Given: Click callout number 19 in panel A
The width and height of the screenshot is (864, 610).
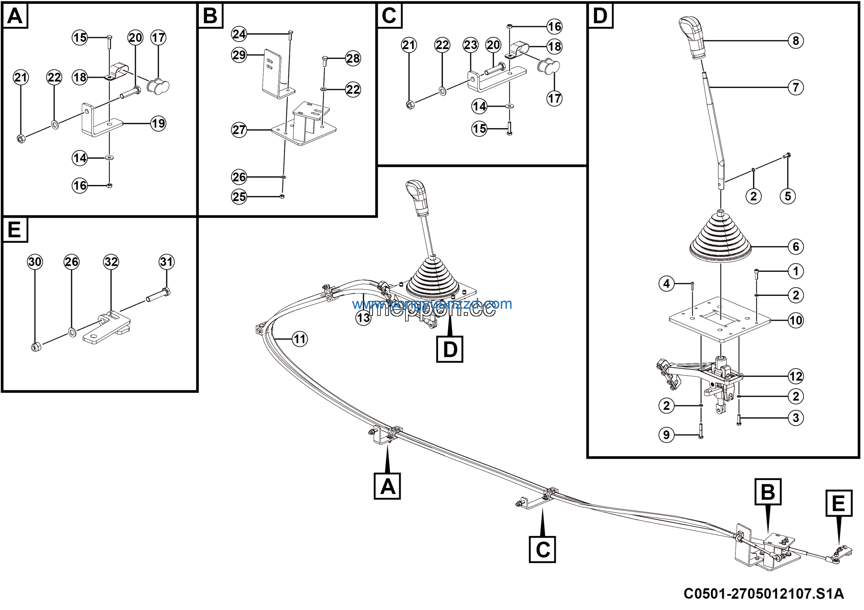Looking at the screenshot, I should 158,123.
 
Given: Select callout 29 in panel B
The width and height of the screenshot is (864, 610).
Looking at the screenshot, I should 239,55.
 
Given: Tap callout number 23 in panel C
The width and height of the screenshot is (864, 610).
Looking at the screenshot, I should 470,45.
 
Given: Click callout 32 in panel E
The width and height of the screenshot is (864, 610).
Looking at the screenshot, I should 111,262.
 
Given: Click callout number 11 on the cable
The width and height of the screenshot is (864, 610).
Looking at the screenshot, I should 300,339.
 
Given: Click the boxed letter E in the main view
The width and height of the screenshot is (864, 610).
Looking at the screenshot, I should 839,503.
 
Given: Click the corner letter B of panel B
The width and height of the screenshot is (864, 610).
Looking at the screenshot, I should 210,16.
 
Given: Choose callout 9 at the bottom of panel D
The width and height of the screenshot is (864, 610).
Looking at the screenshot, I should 667,435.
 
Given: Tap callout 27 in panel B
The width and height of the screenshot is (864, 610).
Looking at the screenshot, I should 239,130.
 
